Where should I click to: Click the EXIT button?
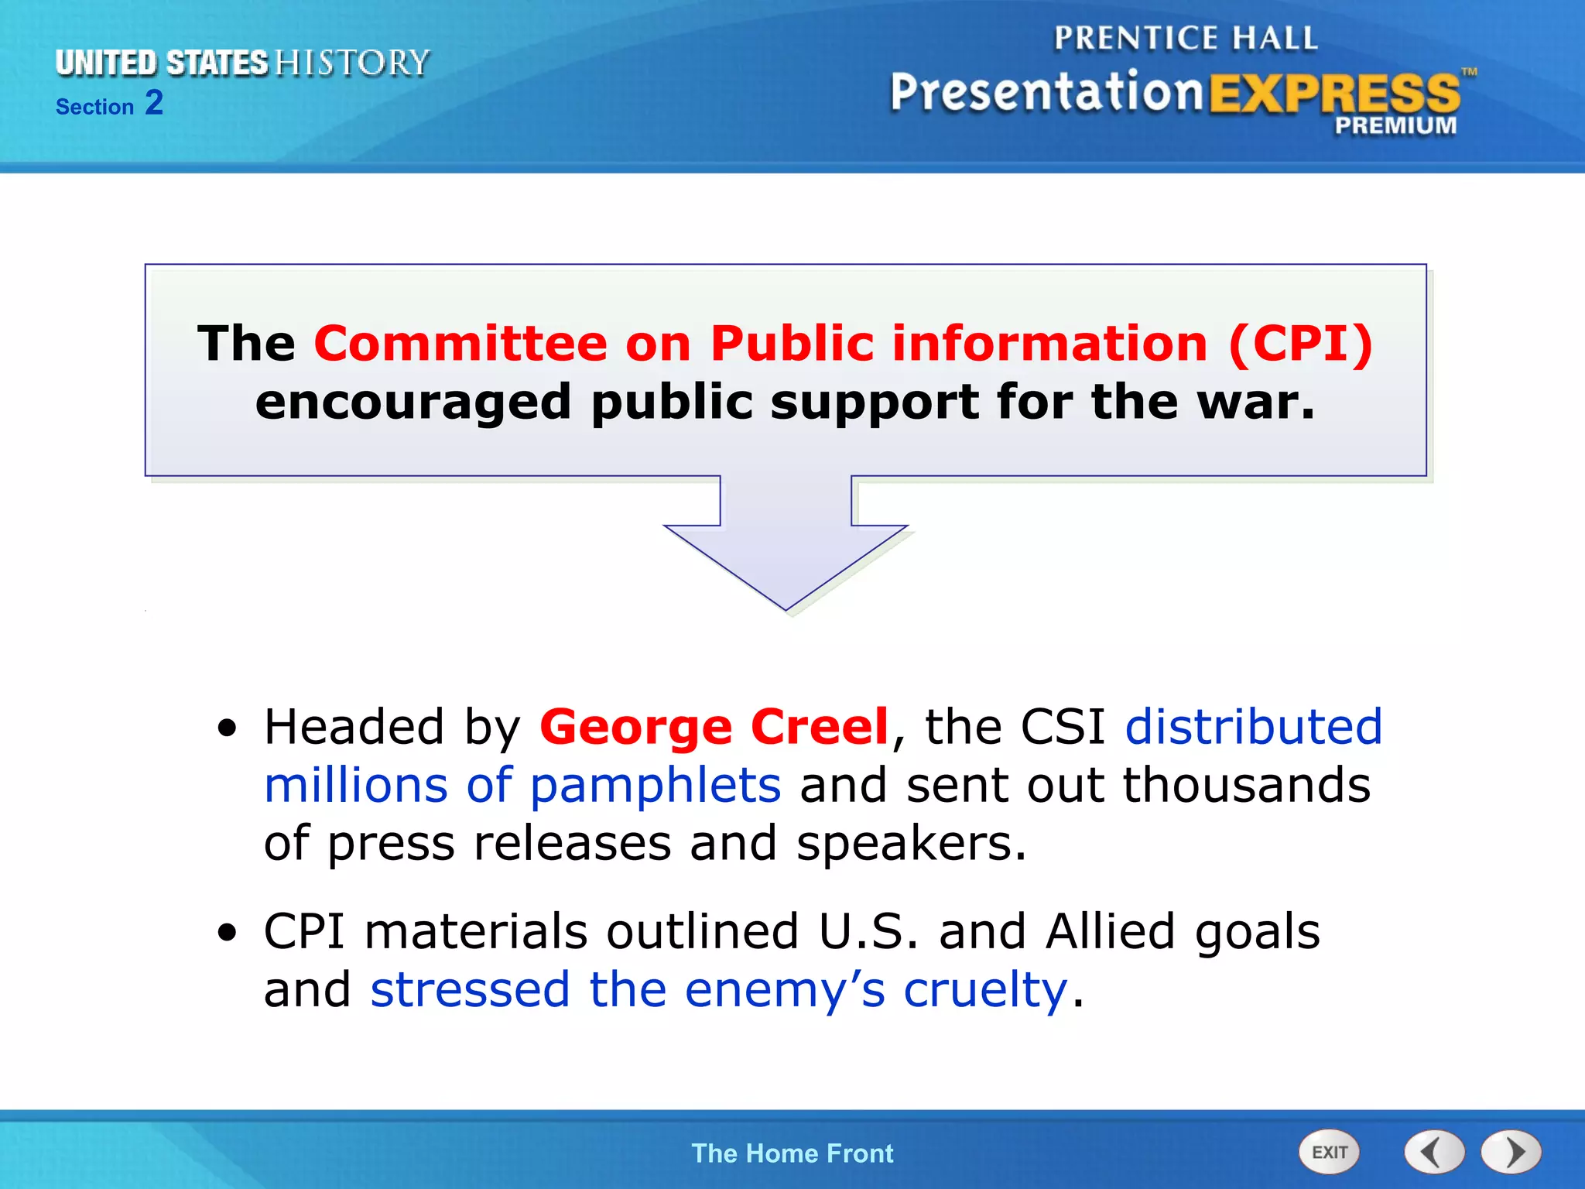pyautogui.click(x=1328, y=1152)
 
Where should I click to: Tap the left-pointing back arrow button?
pyautogui.click(x=1433, y=1152)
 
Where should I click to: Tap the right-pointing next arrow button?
pyautogui.click(x=1511, y=1152)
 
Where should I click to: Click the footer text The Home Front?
pyautogui.click(x=792, y=1153)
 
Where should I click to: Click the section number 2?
pyautogui.click(x=154, y=103)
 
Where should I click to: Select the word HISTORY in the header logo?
pyautogui.click(x=352, y=63)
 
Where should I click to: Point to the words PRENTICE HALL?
pyautogui.click(x=1186, y=38)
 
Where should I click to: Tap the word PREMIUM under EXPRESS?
pyautogui.click(x=1395, y=125)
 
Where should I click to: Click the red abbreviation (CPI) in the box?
pyautogui.click(x=1300, y=343)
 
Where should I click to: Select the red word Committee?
pyautogui.click(x=460, y=343)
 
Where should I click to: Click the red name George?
pyautogui.click(x=635, y=727)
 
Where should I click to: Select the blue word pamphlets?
pyautogui.click(x=655, y=785)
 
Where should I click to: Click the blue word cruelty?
pyautogui.click(x=985, y=989)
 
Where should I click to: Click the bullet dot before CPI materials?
pyautogui.click(x=227, y=932)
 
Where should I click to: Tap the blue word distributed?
pyautogui.click(x=1253, y=727)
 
